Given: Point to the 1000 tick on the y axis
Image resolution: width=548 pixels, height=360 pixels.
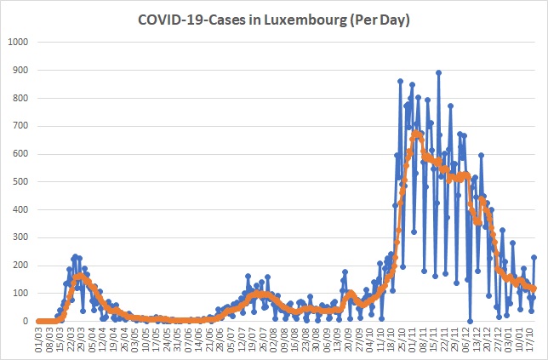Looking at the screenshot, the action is [18, 42].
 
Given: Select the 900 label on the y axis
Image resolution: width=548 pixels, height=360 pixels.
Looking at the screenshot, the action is [20, 70].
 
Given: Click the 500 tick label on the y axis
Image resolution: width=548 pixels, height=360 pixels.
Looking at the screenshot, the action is [20, 182].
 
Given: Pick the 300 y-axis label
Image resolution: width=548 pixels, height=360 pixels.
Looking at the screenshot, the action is [20, 237].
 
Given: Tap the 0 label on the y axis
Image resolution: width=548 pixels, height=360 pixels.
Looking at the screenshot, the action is [26, 321].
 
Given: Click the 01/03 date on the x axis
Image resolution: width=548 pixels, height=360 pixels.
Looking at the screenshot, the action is [39, 336].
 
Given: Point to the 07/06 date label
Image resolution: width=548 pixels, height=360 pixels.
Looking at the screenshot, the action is [188, 336].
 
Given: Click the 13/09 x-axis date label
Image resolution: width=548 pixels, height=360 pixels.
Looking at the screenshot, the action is [338, 336].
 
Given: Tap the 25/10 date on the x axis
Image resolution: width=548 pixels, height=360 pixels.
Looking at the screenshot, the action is [402, 336].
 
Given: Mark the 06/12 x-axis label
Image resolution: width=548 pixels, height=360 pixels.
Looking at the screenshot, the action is [465, 336].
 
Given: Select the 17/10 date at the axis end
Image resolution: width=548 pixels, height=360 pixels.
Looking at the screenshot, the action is [530, 336].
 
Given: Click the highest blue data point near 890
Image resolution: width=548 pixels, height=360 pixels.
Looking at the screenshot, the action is [438, 72].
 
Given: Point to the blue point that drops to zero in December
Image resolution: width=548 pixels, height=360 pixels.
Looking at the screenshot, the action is [470, 321].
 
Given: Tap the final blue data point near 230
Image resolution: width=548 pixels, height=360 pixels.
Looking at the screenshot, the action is [534, 257].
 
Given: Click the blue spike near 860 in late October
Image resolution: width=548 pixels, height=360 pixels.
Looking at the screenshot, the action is [401, 81].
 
